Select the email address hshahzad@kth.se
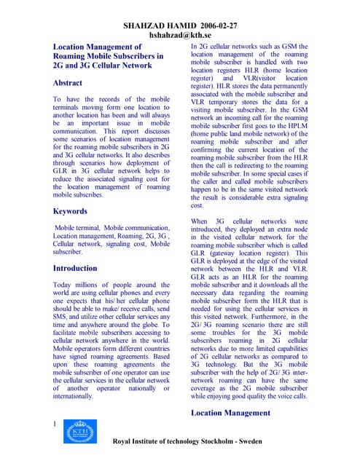[x=179, y=35]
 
